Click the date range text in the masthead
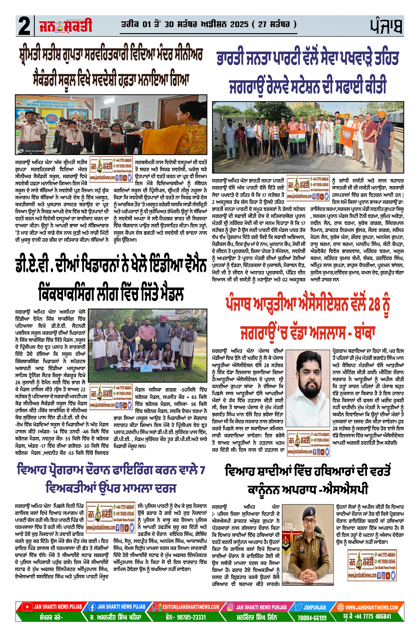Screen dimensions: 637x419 click(209, 24)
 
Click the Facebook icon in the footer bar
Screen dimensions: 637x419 click(92, 607)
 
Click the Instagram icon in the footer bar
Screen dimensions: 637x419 click(231, 607)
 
